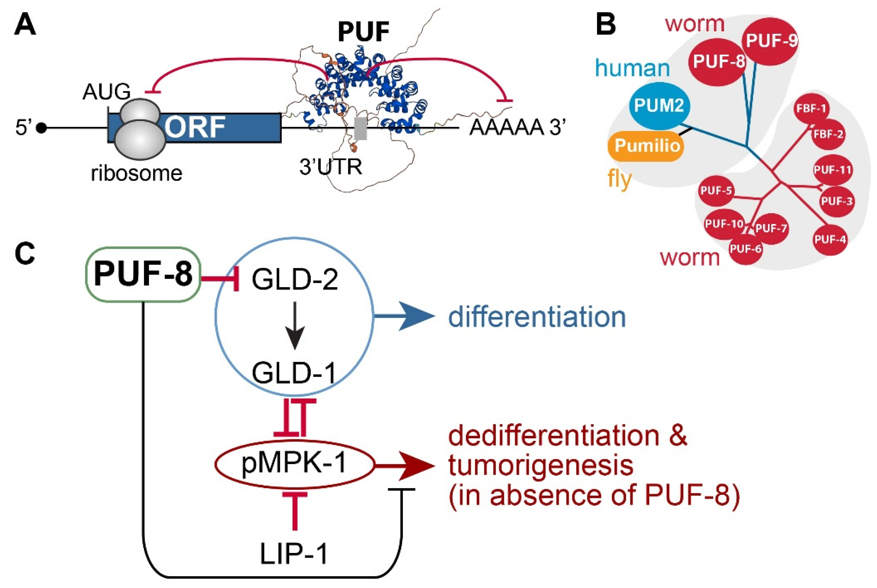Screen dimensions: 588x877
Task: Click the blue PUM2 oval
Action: [x=659, y=105]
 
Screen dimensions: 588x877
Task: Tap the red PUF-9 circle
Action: [x=771, y=41]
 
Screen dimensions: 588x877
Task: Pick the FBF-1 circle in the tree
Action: [x=811, y=109]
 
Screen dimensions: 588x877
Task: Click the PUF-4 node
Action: [x=830, y=239]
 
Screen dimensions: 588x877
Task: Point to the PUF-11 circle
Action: [x=832, y=170]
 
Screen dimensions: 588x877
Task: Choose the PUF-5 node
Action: [x=716, y=191]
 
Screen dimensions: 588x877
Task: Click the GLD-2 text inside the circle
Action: [x=295, y=280]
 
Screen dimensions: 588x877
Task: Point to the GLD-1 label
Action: [x=294, y=373]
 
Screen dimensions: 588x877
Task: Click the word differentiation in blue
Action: [x=537, y=317]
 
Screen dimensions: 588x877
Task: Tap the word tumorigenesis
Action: [x=541, y=465]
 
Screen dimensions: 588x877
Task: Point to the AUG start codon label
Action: [x=106, y=92]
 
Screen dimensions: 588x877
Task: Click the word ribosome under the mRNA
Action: [x=137, y=173]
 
